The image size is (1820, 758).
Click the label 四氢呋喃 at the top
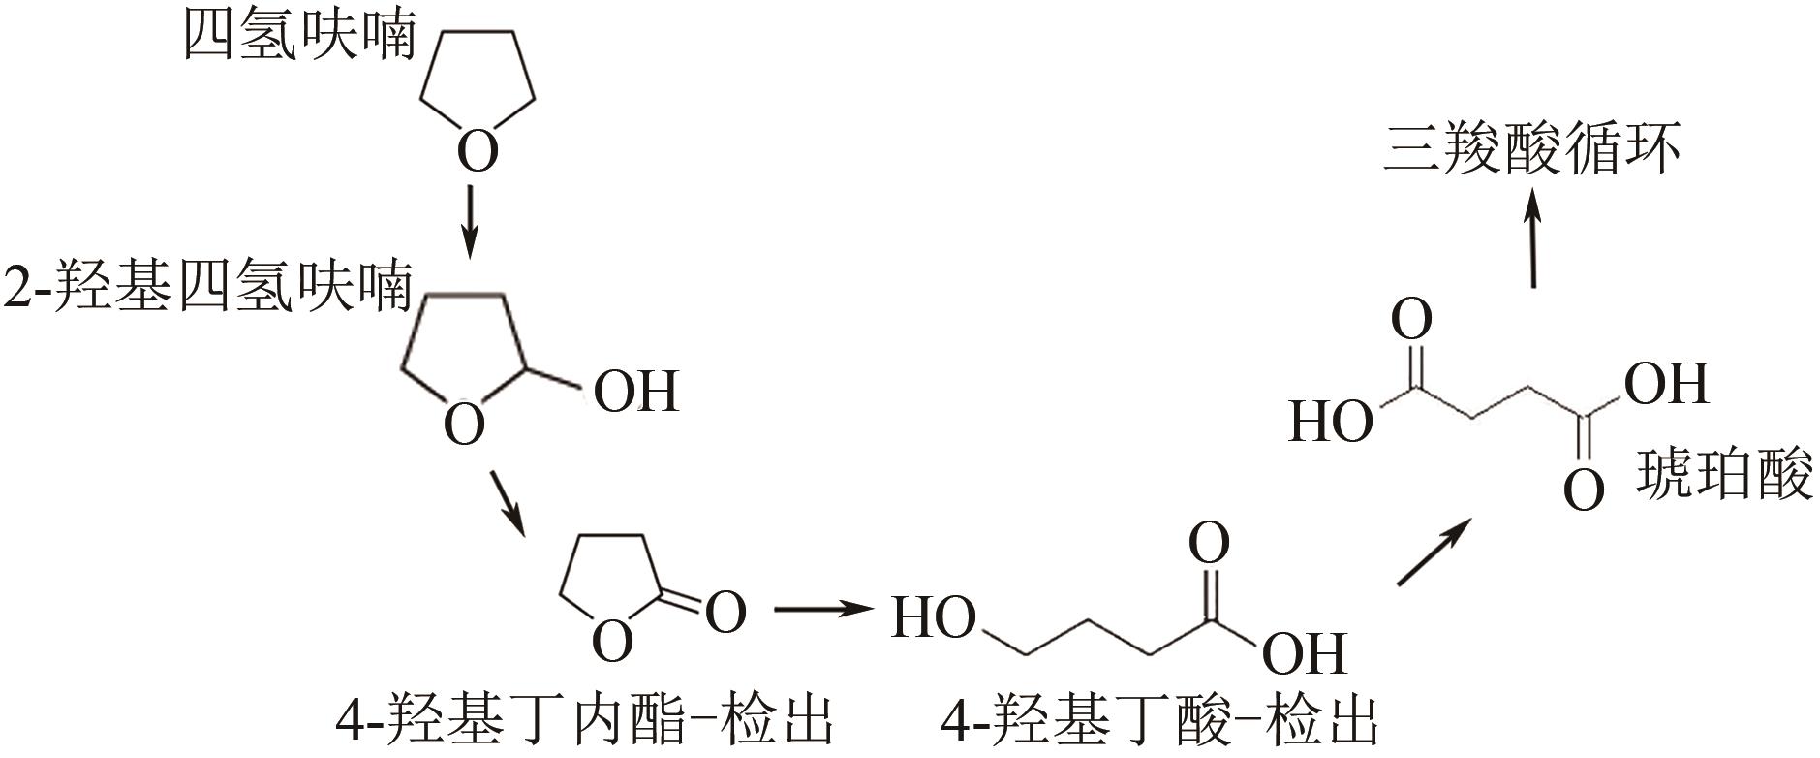pos(300,37)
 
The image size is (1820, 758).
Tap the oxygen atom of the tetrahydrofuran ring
pos(478,151)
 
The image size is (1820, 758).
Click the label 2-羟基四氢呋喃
pos(207,288)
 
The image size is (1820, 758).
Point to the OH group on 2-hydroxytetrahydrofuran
pos(635,392)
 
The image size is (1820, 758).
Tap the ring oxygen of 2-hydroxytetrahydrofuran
pos(464,425)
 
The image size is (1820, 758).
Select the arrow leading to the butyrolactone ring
pos(508,502)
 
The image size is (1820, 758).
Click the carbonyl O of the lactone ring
pos(725,612)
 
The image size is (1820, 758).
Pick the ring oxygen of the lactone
pos(611,641)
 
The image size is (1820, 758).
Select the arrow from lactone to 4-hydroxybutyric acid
pos(818,610)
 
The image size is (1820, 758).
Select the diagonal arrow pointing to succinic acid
pos(1434,552)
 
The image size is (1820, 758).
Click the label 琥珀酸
pos(1724,477)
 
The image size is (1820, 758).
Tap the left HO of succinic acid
pos(1331,423)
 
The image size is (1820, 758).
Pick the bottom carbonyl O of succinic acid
pos(1584,490)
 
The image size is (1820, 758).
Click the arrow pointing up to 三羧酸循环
pos(1532,237)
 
